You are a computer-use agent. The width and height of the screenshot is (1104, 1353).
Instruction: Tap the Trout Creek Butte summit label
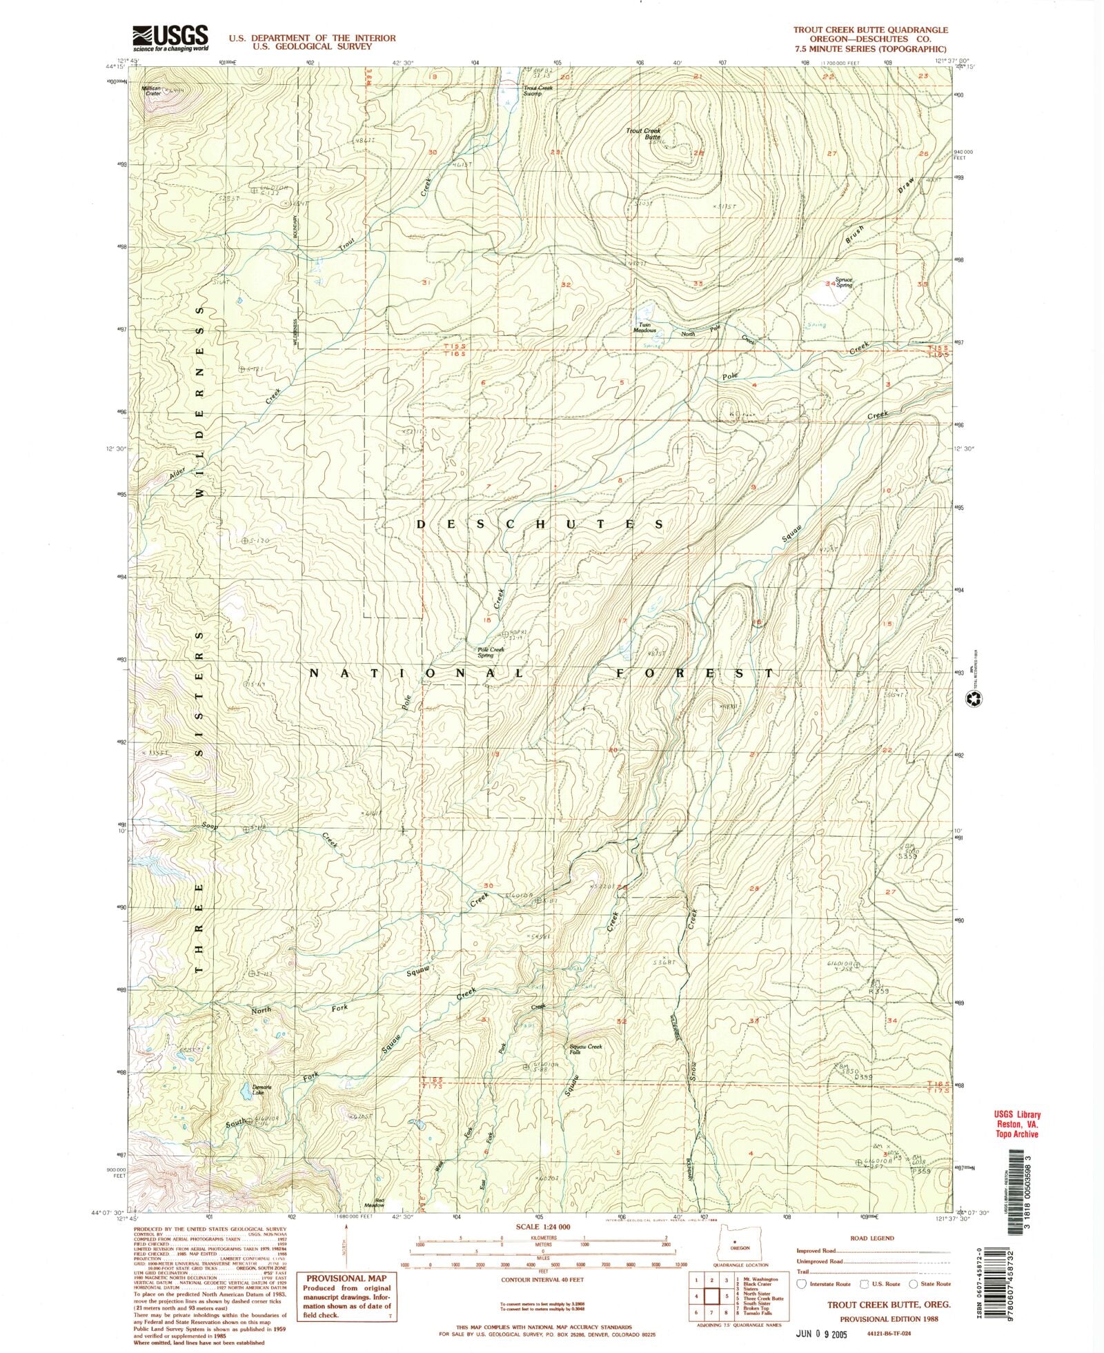(x=644, y=134)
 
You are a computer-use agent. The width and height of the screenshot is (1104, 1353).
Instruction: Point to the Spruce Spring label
(x=844, y=283)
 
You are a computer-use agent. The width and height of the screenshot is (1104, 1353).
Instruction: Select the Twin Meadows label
(x=645, y=328)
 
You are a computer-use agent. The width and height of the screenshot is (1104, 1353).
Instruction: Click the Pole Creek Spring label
(x=491, y=651)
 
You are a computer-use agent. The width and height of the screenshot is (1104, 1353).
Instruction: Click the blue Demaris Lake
(x=244, y=1090)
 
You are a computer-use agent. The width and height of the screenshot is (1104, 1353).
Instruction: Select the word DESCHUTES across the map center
(x=540, y=524)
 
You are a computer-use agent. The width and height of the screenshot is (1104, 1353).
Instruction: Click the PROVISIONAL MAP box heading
(x=349, y=1278)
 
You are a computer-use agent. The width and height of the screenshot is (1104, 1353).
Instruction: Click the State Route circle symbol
(x=913, y=1284)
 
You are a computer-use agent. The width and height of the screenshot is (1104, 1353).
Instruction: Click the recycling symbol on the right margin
(x=976, y=699)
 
